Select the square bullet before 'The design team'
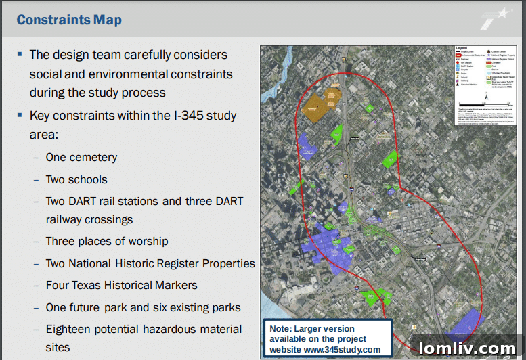pyautogui.click(x=21, y=53)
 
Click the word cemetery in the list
pyautogui.click(x=92, y=158)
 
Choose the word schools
pyautogui.click(x=87, y=179)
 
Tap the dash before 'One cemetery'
pyautogui.click(x=37, y=158)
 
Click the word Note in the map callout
pyautogui.click(x=281, y=329)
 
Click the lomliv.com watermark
pyautogui.click(x=466, y=348)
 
